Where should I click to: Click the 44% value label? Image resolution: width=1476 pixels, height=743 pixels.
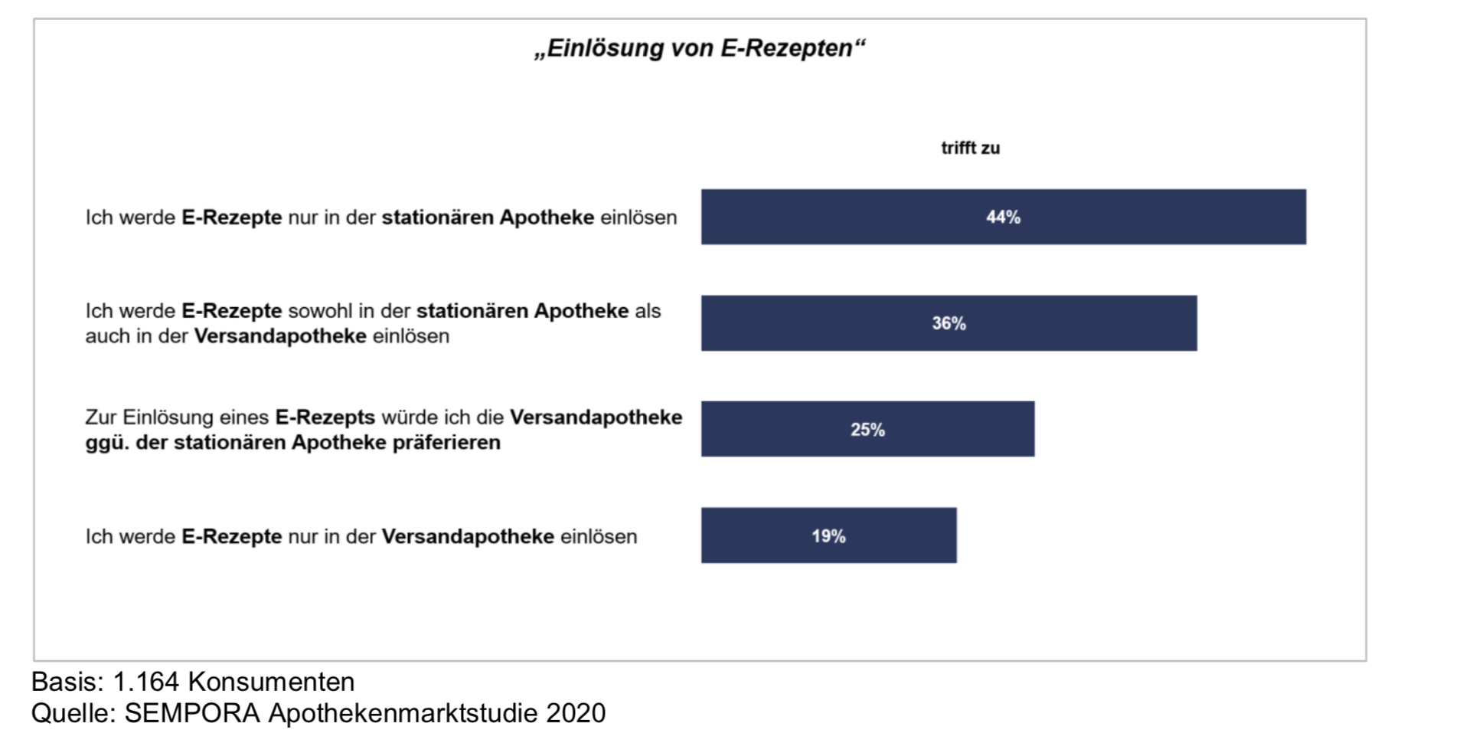tap(1003, 218)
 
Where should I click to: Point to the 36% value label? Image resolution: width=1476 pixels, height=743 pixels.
tap(949, 323)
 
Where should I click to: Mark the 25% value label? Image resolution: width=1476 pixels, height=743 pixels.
tap(867, 430)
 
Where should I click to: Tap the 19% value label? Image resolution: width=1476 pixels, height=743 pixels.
tap(828, 536)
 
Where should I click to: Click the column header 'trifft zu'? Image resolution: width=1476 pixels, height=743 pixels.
tap(970, 148)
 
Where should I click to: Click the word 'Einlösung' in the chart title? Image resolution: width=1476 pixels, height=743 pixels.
tap(603, 48)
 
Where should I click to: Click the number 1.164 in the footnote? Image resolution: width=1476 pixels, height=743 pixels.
tap(145, 682)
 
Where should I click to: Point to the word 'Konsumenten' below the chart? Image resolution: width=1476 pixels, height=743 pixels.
tap(271, 682)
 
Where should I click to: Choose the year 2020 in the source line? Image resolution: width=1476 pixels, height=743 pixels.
tap(576, 713)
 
